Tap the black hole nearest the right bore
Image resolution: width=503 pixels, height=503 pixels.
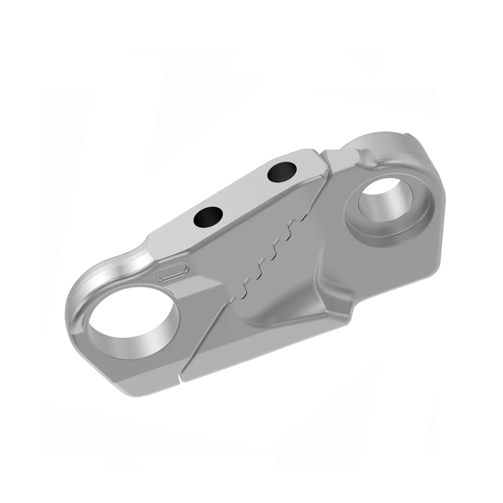[x=282, y=172]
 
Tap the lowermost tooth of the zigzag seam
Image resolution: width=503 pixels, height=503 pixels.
[x=243, y=297]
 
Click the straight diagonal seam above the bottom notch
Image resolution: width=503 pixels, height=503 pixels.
[x=206, y=339]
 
